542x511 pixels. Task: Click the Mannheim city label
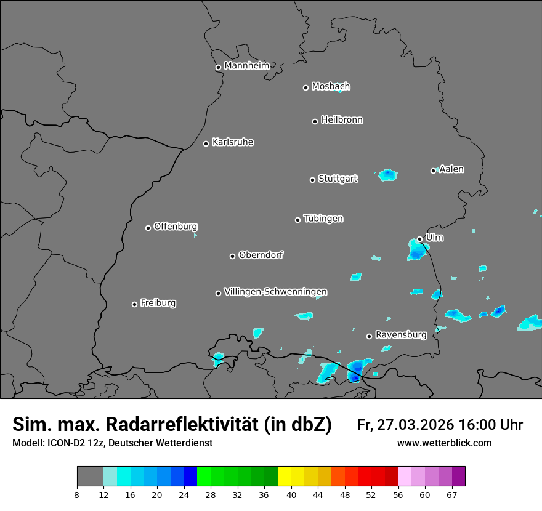246,65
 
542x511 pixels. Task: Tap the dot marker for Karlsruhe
206,144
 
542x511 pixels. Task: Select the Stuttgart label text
338,179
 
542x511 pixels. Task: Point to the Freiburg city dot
134,304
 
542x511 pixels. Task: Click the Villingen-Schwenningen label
275,291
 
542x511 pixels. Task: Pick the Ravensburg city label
400,335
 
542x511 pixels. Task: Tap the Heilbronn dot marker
315,121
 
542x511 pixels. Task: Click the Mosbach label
331,86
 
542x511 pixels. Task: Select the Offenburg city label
176,226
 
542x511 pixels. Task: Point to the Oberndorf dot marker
232,256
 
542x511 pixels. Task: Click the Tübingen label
323,219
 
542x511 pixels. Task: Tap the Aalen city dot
433,171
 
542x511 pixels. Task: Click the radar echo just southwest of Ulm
416,249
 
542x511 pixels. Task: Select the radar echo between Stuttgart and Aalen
387,175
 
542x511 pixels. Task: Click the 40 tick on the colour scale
291,494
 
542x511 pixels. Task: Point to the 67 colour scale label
451,494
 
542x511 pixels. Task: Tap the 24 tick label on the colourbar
184,494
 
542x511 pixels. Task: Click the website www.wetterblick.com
444,443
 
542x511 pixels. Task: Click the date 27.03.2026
414,425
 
